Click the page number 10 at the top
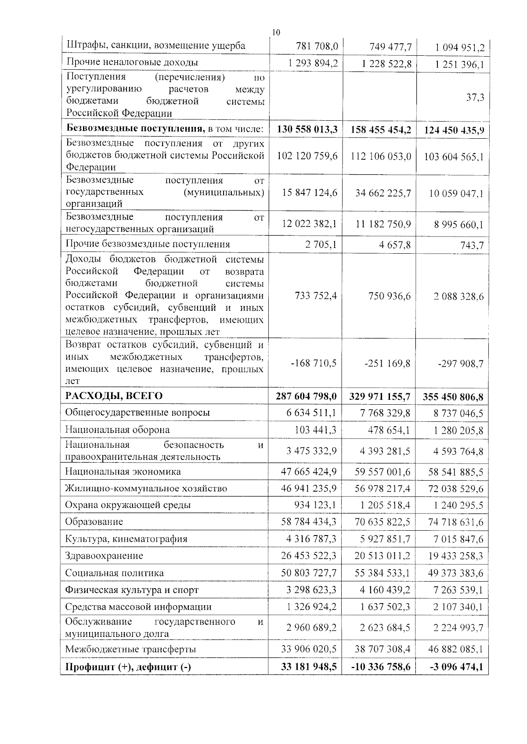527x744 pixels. coord(275,32)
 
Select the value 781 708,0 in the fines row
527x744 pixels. coord(317,46)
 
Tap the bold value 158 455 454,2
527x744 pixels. coord(380,130)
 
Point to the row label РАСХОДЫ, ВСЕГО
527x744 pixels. coord(114,396)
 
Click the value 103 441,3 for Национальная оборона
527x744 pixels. coord(315,430)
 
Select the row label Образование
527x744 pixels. coord(94,521)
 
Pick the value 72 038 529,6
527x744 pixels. coord(455,489)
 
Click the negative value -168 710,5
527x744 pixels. coord(314,363)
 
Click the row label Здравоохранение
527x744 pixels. coord(104,556)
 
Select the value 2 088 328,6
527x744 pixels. coord(458,296)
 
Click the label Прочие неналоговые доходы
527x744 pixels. coord(132,62)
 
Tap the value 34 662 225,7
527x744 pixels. coord(383,193)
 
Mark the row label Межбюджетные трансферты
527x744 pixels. coord(130,649)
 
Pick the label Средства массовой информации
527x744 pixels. coord(138,607)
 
